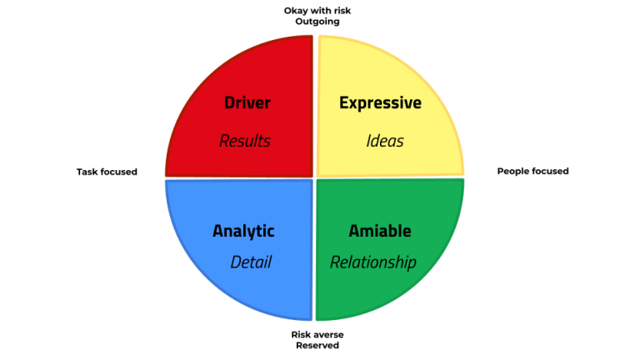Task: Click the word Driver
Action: pos(247,103)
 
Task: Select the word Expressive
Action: pos(380,103)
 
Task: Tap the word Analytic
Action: pos(243,231)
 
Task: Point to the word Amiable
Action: pos(380,231)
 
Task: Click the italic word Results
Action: pos(245,141)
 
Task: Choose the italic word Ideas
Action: pos(385,141)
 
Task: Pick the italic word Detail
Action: pos(251,262)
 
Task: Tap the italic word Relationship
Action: pos(373,262)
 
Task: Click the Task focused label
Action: pos(107,172)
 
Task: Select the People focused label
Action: pos(532,171)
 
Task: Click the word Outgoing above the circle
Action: pos(317,22)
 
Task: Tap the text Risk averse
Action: pos(317,334)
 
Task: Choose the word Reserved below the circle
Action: pos(317,345)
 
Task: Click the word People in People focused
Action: pos(514,171)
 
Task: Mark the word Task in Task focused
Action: pos(88,172)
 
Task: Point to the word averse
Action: pos(328,334)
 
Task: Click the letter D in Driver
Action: pos(229,103)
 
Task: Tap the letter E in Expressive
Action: pos(343,103)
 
